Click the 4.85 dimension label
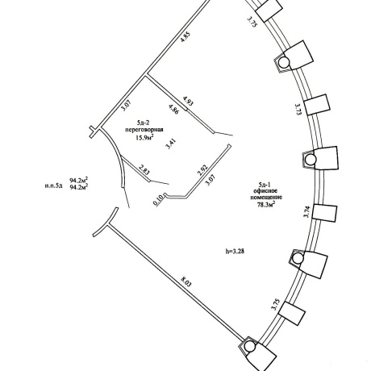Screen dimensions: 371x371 point(185,37)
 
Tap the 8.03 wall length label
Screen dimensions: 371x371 point(186,282)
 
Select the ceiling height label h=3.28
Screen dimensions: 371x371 point(235,252)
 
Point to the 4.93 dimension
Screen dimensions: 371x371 point(188,102)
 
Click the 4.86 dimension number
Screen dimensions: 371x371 point(173,110)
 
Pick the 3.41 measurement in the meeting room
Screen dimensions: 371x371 point(170,144)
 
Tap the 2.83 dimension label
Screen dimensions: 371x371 point(144,169)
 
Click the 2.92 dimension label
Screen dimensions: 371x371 point(202,170)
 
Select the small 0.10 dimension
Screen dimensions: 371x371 point(159,200)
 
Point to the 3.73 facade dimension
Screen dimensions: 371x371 point(298,110)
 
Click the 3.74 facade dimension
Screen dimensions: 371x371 point(307,212)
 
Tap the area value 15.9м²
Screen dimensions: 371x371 point(144,138)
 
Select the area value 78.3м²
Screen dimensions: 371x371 point(266,206)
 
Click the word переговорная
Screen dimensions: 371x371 point(144,130)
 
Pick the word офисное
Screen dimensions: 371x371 point(266,191)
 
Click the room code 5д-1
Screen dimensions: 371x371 point(265,185)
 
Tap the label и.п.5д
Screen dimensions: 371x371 point(54,185)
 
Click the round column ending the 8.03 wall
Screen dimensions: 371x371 point(250,347)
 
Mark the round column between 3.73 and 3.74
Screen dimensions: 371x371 point(311,160)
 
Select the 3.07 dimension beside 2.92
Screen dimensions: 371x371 point(211,180)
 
